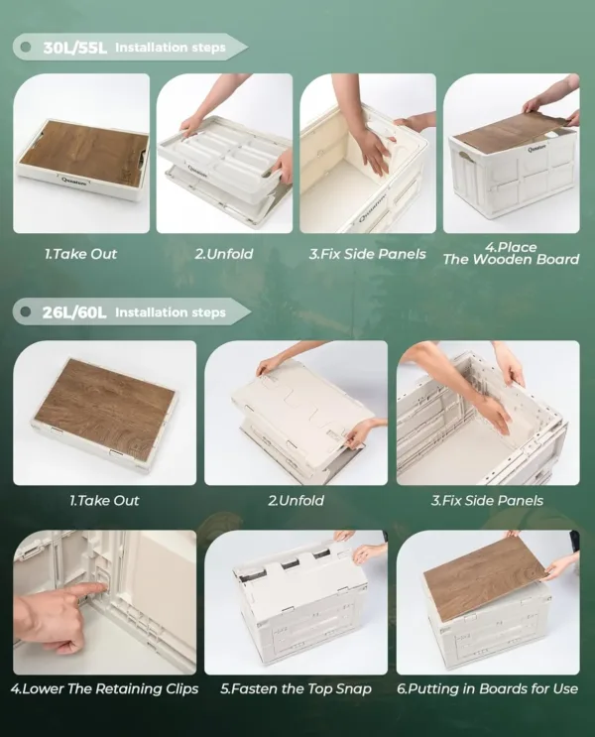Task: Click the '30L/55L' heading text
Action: (73, 47)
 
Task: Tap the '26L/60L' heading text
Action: (73, 312)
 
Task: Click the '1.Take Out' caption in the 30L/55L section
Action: (80, 254)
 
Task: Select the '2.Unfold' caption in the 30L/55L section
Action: (223, 254)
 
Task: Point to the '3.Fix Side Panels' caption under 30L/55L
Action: (367, 254)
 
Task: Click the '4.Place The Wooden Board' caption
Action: (511, 253)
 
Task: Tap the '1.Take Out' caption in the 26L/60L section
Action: (104, 501)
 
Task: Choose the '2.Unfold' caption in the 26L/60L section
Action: (296, 501)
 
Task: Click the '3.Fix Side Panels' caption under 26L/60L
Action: (487, 501)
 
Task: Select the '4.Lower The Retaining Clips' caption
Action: (104, 688)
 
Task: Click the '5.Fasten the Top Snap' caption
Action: (296, 688)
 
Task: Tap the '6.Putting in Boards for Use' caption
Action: (487, 688)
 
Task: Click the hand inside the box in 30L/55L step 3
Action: (372, 149)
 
